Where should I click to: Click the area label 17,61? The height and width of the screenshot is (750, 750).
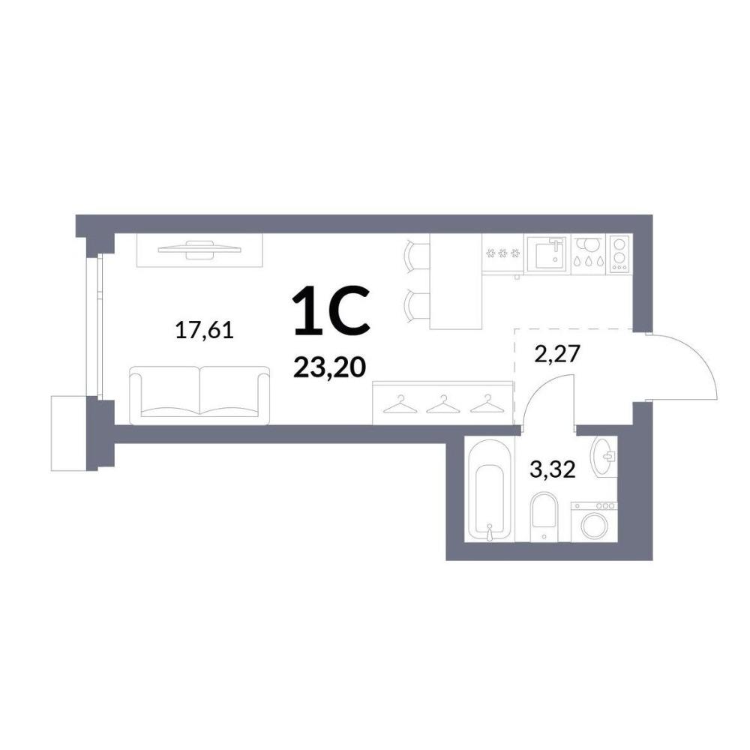205,331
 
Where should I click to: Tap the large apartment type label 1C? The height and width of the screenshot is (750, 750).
332,310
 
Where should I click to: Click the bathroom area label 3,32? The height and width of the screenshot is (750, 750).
553,469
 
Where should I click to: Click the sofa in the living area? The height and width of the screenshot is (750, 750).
200,395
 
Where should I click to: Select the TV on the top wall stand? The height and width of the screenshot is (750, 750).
200,248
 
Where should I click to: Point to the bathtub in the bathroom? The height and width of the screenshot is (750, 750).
490,490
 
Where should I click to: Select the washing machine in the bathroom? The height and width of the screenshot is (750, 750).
594,522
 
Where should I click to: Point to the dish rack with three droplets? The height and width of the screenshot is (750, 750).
588,254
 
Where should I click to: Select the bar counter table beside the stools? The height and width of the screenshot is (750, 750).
455,281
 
